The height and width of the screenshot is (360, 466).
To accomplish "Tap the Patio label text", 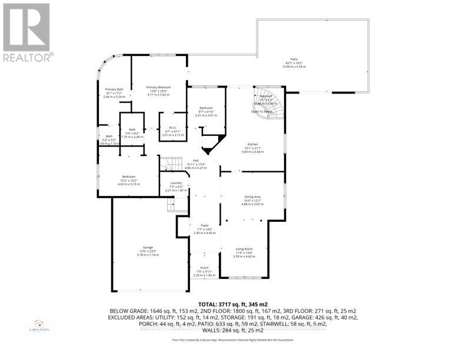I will point(294,59).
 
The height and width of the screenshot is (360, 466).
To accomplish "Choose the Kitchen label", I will point(252,144).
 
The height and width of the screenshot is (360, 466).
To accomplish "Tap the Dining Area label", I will point(252,196).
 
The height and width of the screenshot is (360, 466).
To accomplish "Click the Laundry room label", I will point(176,183).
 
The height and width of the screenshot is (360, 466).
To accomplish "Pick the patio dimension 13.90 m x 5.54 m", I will point(294,66).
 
